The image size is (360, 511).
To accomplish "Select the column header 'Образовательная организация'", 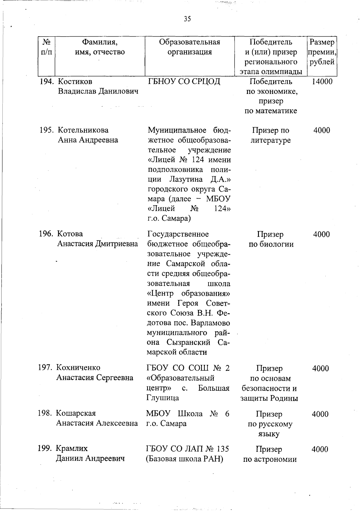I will click(x=189, y=47).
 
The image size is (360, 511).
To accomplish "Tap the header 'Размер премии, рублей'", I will click(x=321, y=52).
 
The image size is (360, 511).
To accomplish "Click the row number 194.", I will click(x=47, y=82).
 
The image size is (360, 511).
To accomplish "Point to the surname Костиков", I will click(x=75, y=82).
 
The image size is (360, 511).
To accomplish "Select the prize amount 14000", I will click(x=322, y=82).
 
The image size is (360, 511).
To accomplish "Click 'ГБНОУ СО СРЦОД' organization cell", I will click(x=184, y=82).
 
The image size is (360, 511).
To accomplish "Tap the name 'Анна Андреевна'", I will click(x=88, y=140).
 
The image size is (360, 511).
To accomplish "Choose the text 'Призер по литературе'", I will click(x=271, y=135).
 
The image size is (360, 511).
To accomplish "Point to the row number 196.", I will click(x=46, y=234).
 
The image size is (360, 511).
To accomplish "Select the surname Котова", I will click(x=70, y=234).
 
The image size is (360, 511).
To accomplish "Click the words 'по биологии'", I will click(x=271, y=244).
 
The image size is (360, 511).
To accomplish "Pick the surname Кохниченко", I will click(x=78, y=368).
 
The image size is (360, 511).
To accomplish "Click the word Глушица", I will click(x=163, y=398).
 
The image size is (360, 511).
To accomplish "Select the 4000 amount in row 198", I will click(x=320, y=414).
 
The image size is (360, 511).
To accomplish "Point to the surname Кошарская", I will click(x=76, y=413).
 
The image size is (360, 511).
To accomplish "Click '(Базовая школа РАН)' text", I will click(x=185, y=459).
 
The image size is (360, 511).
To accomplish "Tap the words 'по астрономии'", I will click(x=270, y=459).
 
